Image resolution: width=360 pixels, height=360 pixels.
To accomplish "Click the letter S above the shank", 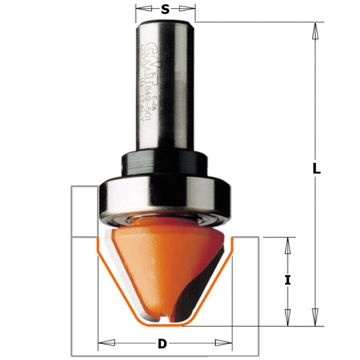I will [166, 9].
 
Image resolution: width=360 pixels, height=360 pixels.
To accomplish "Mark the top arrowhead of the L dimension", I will [315, 28].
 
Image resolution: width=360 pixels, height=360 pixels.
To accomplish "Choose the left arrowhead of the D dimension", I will [102, 343].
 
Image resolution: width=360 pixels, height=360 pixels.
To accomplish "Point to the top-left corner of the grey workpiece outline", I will [73, 186].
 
